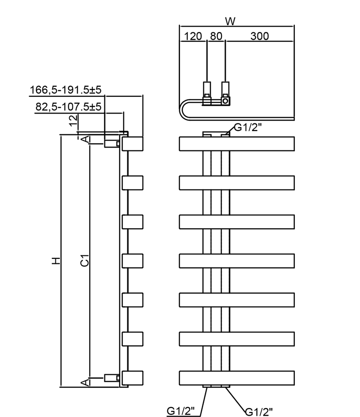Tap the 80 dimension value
coord(216,36)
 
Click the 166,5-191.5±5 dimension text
coord(66,90)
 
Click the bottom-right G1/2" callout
coord(260,411)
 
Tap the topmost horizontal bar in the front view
coord(237,144)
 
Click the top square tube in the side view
coord(133,144)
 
